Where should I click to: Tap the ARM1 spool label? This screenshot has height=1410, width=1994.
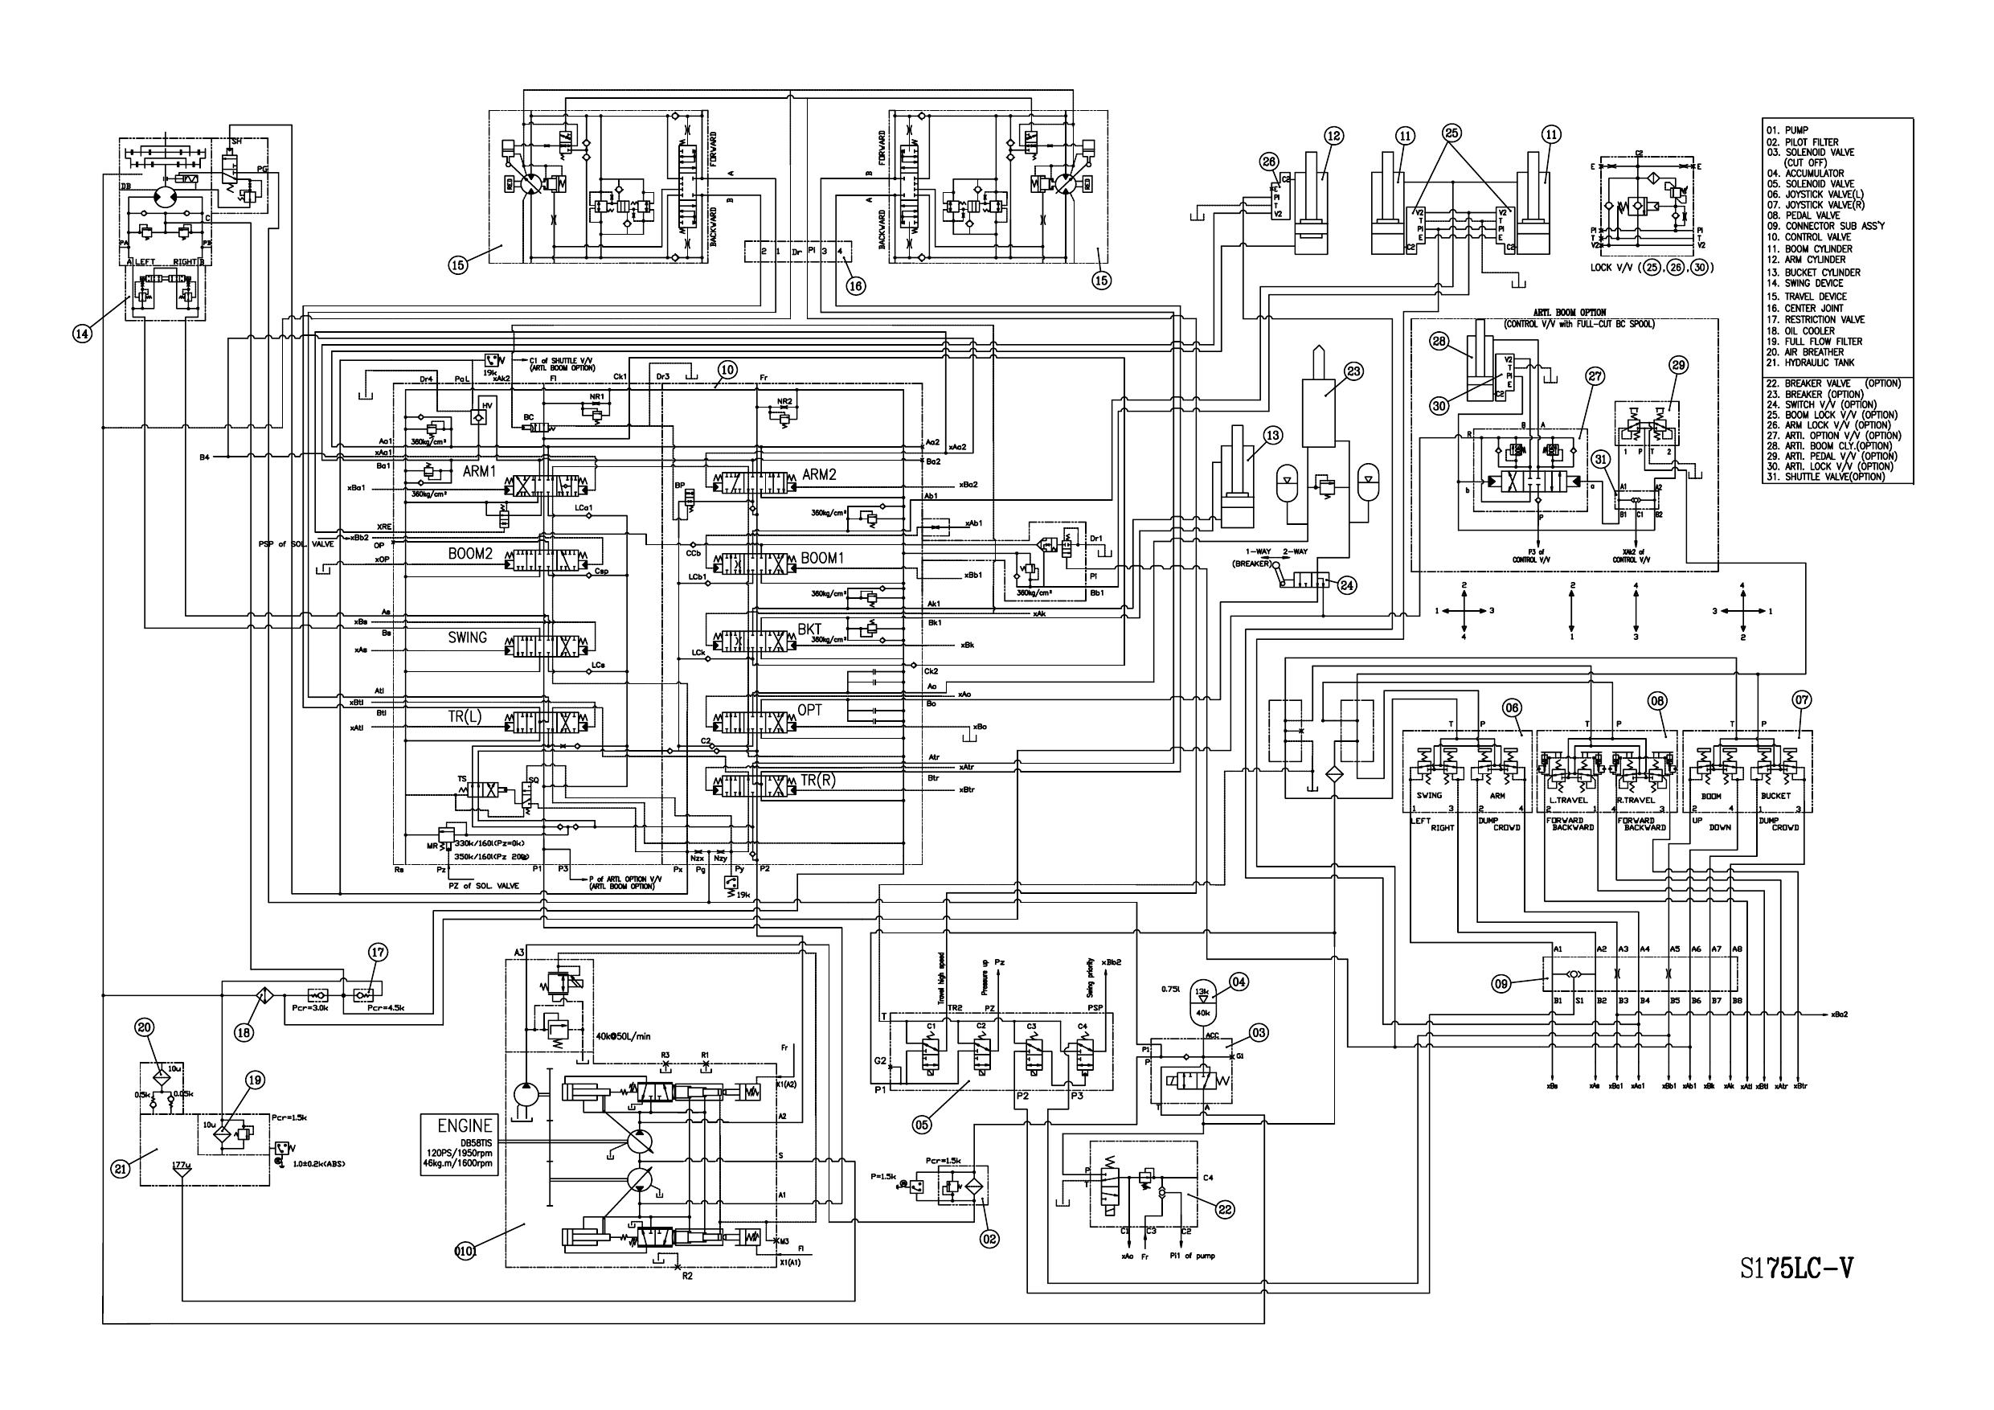point(479,472)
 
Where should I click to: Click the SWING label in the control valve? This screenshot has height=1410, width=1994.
point(467,637)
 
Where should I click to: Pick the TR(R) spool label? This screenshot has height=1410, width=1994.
point(817,780)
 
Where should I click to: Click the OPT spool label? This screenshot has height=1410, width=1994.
point(809,711)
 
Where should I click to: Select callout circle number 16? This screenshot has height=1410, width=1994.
point(856,285)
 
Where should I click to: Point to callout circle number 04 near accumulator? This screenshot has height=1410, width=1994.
point(1239,982)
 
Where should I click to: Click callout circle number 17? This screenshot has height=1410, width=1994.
point(378,953)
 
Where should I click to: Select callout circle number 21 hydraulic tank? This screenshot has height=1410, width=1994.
point(121,1170)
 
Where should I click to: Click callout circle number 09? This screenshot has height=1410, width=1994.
point(1501,983)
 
